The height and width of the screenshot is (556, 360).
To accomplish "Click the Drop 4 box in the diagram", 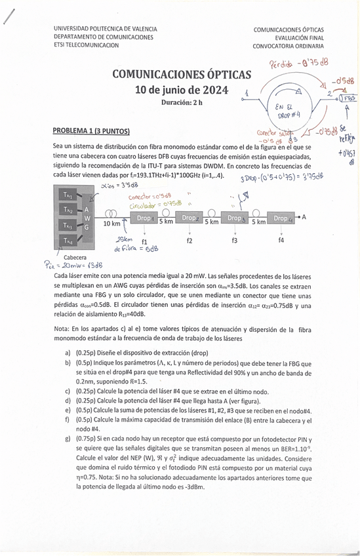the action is point(281,218).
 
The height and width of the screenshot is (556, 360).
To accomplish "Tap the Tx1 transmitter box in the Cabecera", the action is point(69,195).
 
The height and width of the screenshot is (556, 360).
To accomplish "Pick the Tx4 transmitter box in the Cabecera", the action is point(69,241).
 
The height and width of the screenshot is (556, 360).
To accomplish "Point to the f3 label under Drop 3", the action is point(235,241).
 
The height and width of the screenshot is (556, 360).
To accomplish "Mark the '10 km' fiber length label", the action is point(112,224).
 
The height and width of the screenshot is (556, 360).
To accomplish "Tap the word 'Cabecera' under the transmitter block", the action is point(75,258).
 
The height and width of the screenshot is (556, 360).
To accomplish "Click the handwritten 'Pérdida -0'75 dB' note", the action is point(298,64).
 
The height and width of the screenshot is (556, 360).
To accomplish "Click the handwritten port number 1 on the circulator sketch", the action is point(245,93).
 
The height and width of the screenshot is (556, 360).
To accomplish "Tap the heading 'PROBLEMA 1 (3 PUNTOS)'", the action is point(91,130).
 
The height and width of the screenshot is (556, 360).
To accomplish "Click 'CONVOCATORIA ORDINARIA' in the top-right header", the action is point(289,47).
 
